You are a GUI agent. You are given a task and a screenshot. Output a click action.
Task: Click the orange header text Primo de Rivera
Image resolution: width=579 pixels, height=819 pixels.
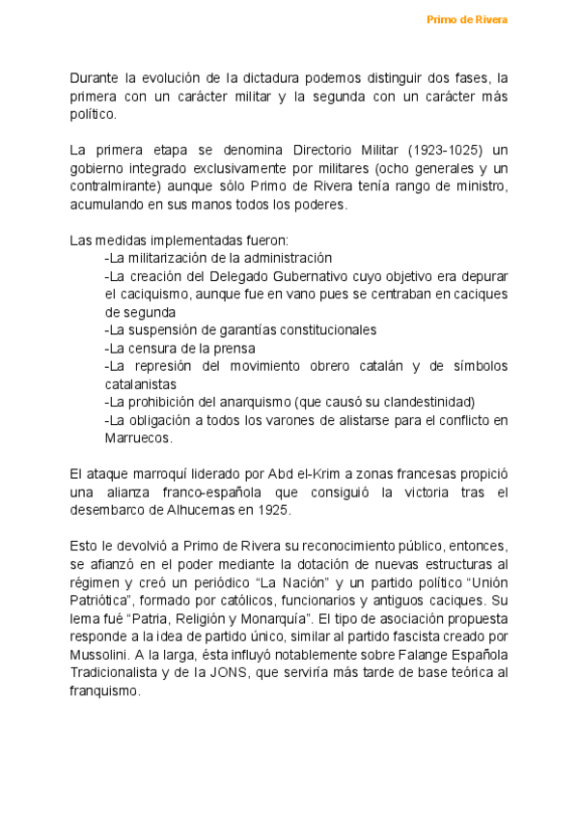467,19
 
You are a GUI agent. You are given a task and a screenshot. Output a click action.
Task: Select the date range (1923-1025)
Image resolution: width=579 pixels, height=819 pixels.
443,150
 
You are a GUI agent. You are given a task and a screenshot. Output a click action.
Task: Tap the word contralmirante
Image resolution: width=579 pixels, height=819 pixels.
114,186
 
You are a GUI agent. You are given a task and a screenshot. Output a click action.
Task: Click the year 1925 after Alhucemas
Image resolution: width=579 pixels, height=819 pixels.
274,511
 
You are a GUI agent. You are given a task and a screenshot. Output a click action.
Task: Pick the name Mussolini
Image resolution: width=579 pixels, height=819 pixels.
101,655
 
